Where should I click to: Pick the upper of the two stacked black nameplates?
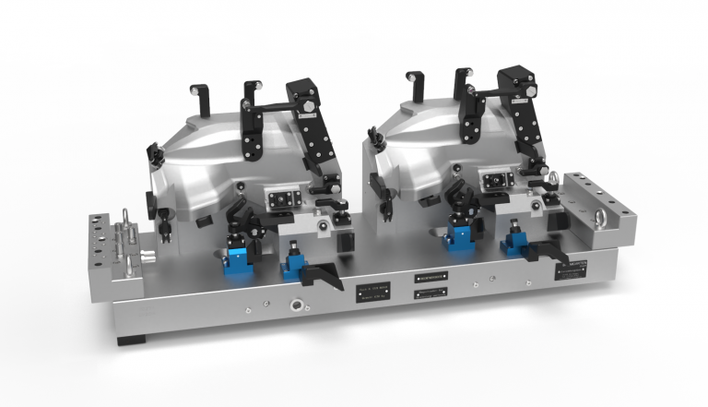(x=431, y=277)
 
